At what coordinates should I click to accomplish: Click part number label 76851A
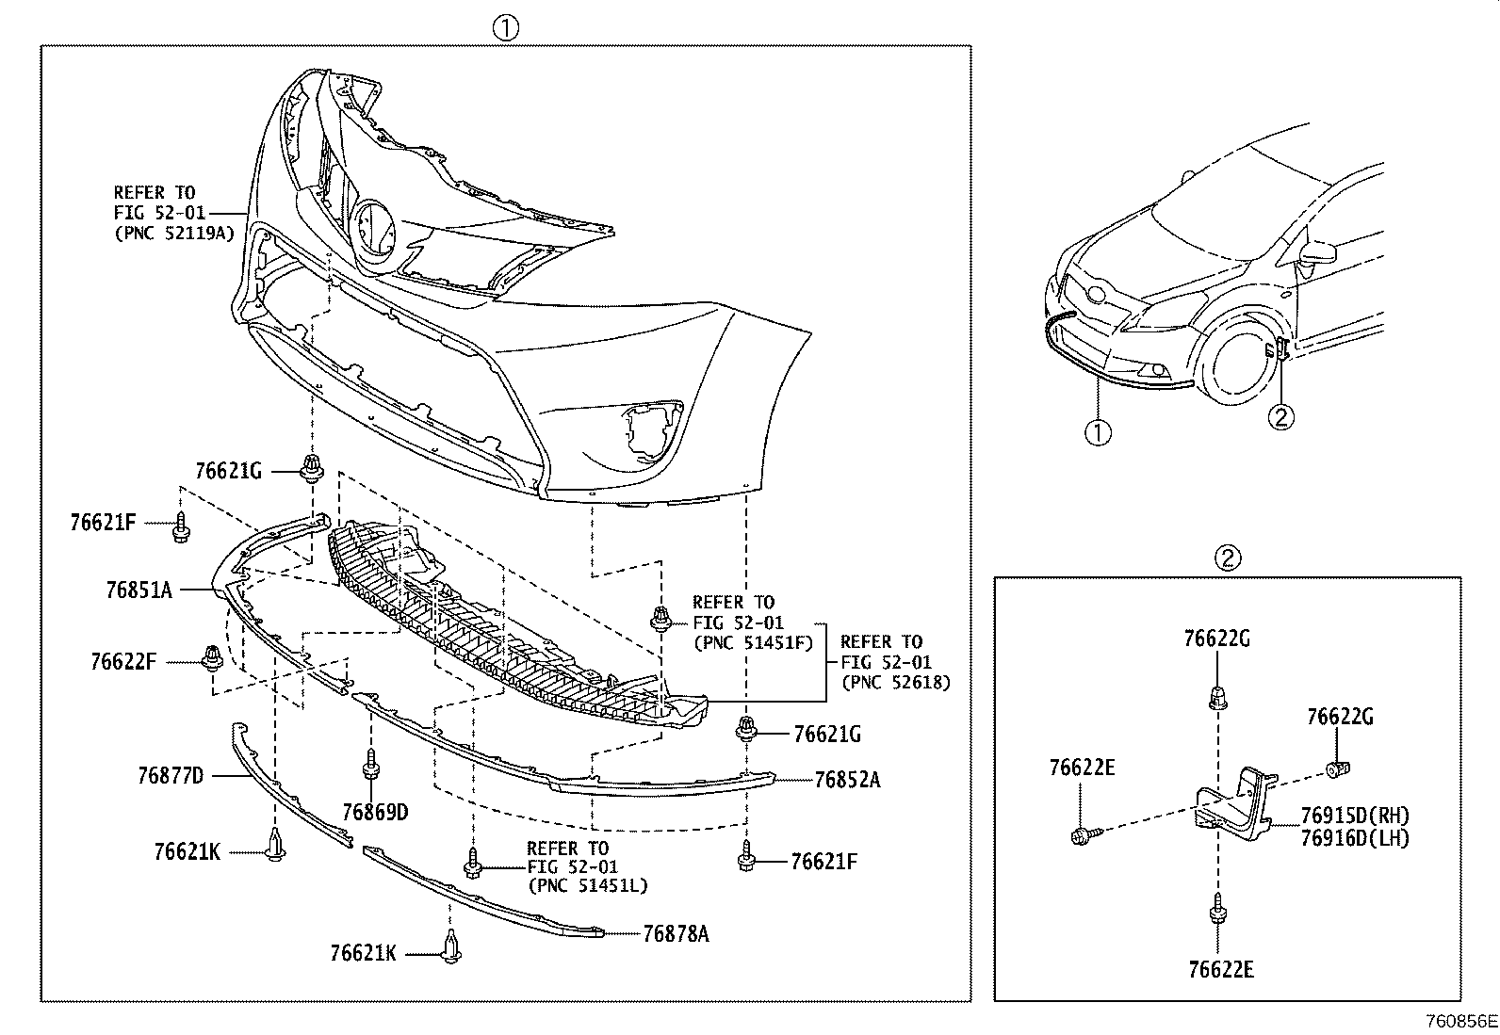pyautogui.click(x=139, y=590)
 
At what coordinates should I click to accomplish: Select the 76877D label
pyautogui.click(x=171, y=776)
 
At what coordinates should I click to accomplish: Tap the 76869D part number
pyautogui.click(x=375, y=812)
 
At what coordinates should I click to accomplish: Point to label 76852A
pyautogui.click(x=847, y=780)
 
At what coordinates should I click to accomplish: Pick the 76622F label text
pyautogui.click(x=123, y=662)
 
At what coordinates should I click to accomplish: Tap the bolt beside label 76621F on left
pyautogui.click(x=180, y=529)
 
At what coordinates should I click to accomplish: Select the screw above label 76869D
pyautogui.click(x=370, y=764)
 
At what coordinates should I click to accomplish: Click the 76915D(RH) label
pyautogui.click(x=1355, y=816)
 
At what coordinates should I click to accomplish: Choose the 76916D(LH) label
pyautogui.click(x=1355, y=837)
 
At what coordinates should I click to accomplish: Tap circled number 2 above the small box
pyautogui.click(x=1227, y=558)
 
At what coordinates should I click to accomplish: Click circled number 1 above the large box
pyautogui.click(x=505, y=28)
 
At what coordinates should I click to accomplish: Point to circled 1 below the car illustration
pyautogui.click(x=1098, y=433)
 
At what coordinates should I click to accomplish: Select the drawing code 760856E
pyautogui.click(x=1460, y=1021)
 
